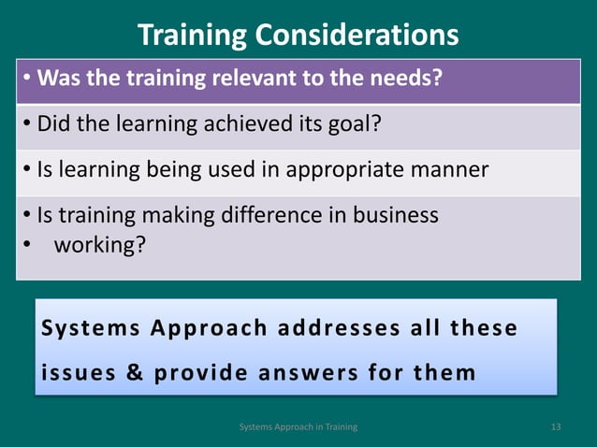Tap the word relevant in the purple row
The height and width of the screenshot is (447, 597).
pyautogui.click(x=254, y=78)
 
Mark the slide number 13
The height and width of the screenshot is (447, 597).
pyautogui.click(x=556, y=427)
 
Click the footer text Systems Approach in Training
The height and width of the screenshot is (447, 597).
pyautogui.click(x=298, y=427)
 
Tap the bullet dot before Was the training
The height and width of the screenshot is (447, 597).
pyautogui.click(x=28, y=78)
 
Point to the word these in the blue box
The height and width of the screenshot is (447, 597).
pyautogui.click(x=484, y=329)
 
